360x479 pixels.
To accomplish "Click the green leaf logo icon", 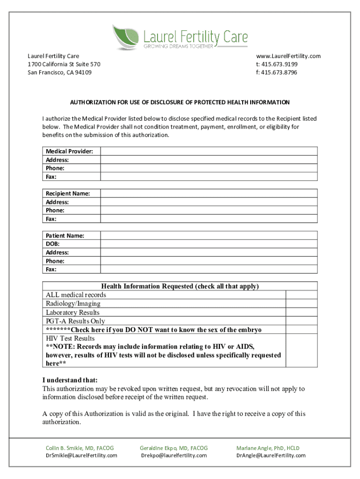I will [125, 36].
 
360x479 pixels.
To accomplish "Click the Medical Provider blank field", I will [209, 151].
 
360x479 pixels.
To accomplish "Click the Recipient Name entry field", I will [209, 193].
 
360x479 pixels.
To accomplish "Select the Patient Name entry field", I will [209, 236].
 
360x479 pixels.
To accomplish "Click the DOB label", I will [52, 244].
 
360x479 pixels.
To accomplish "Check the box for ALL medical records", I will [302, 295].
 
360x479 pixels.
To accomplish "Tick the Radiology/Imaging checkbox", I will [302, 304].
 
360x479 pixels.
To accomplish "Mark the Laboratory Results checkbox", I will [302, 312].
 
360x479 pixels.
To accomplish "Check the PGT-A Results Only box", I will [302, 321].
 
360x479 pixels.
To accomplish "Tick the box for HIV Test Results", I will [302, 350].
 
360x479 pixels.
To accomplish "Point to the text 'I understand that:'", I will [70, 380].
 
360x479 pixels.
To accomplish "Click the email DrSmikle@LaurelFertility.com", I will [81, 456].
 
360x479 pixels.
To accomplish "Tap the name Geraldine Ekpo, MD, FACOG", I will [174, 448].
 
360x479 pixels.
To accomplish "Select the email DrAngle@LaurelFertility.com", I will [271, 456].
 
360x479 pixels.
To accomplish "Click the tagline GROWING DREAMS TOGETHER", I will [178, 46].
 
